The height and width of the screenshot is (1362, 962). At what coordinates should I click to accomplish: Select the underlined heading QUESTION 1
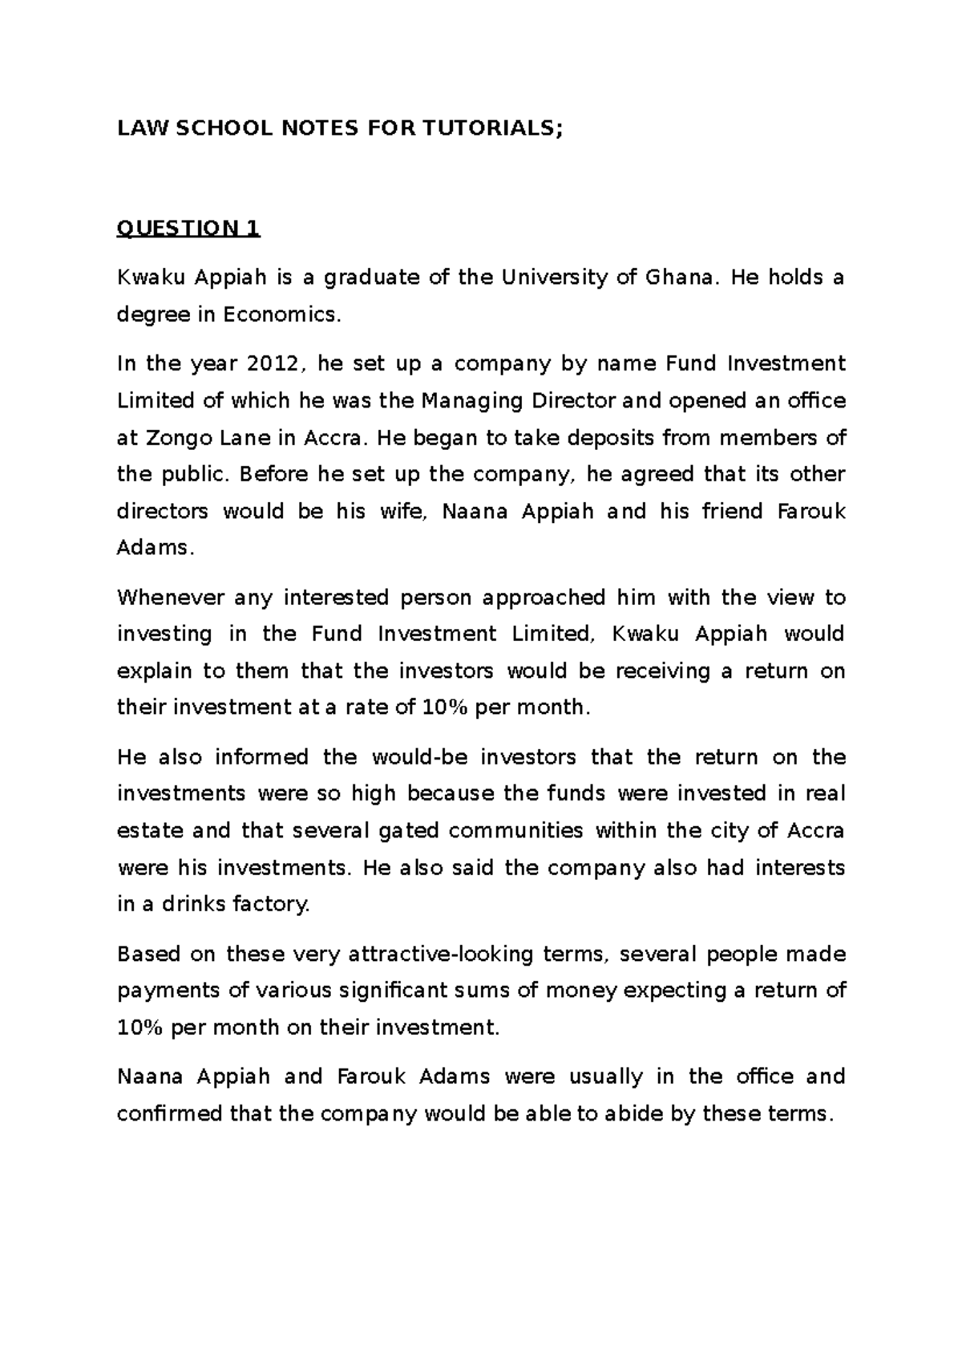tap(188, 229)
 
